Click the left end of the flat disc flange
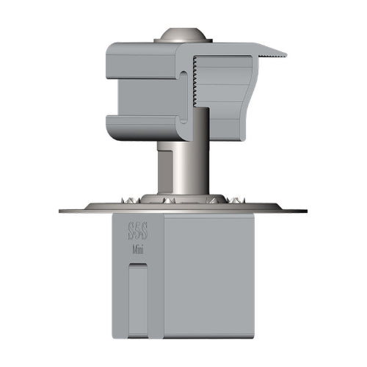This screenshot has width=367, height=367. coord(63,211)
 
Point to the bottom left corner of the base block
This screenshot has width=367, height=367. coord(115,338)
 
